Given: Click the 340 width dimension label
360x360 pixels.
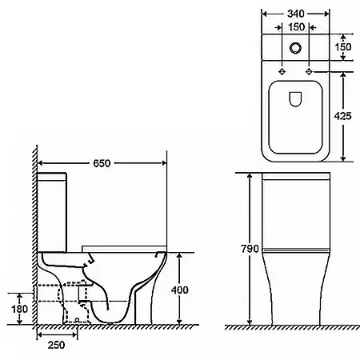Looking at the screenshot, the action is click(296, 14).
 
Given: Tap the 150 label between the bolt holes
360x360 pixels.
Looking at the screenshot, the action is click(296, 27).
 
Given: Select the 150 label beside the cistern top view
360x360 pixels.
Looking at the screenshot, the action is click(343, 47).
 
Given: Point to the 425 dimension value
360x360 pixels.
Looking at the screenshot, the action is click(343, 116).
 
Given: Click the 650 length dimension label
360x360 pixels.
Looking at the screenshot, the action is click(102, 163).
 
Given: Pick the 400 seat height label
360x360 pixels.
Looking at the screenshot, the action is click(180, 290).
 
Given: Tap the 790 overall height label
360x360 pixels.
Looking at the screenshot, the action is click(250, 249).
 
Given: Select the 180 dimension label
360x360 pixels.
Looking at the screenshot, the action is click(19, 310).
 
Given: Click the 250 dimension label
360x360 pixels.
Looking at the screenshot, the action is click(56, 345).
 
